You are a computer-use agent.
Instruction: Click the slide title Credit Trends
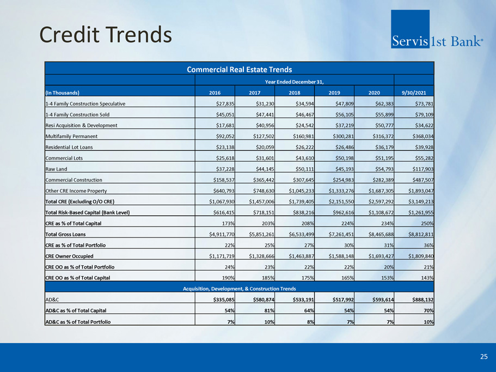[106, 35]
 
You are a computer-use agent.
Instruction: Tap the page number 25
[483, 357]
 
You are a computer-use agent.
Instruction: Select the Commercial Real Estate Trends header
[240, 69]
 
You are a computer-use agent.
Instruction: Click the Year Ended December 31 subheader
[294, 81]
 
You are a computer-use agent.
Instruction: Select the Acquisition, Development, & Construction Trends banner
[240, 288]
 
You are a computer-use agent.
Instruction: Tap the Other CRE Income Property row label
[76, 191]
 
